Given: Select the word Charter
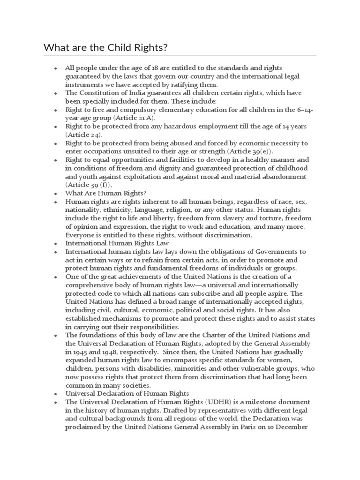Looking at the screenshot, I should point(215,335).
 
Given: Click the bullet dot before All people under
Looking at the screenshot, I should point(56,68).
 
